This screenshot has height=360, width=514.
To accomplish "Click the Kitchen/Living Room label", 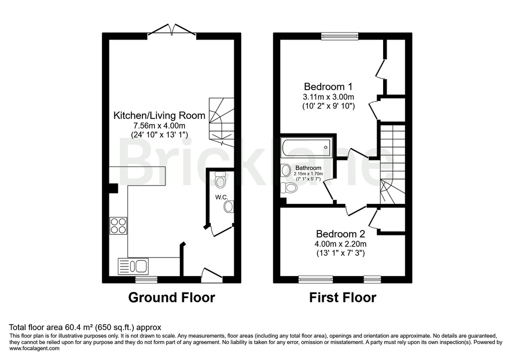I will (159, 115).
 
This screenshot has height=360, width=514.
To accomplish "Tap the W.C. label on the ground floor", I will (222, 197).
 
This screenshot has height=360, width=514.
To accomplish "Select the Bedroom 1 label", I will (328, 86).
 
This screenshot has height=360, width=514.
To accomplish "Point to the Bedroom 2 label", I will (341, 233).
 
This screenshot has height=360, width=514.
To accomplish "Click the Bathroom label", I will (308, 167).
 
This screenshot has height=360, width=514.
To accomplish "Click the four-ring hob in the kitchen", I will (118, 225).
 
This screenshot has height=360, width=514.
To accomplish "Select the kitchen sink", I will (133, 265).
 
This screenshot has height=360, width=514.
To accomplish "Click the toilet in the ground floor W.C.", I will (220, 176).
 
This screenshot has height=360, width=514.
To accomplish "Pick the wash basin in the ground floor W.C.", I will (229, 206).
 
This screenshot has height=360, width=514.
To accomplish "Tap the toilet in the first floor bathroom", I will (289, 187).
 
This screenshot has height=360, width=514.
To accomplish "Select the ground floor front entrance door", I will (211, 273).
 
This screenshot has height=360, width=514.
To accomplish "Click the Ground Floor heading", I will (171, 297).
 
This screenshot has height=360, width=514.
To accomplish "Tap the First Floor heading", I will (342, 297).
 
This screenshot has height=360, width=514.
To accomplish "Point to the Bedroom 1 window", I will (340, 35).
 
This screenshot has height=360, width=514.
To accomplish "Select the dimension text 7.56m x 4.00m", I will (159, 125).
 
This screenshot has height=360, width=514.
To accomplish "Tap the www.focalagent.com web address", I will (34, 348).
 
